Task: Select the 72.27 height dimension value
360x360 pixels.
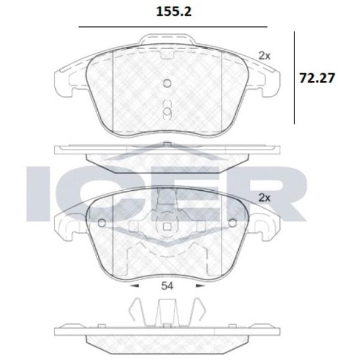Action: coord(316,77)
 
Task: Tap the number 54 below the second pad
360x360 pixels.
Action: coord(167,286)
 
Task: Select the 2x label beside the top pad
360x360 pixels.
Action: coord(265,55)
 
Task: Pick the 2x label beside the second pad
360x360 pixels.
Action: coord(265,197)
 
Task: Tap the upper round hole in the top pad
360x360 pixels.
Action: coord(167,83)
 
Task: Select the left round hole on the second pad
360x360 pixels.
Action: coord(101,223)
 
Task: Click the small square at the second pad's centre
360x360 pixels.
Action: coord(167,227)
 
